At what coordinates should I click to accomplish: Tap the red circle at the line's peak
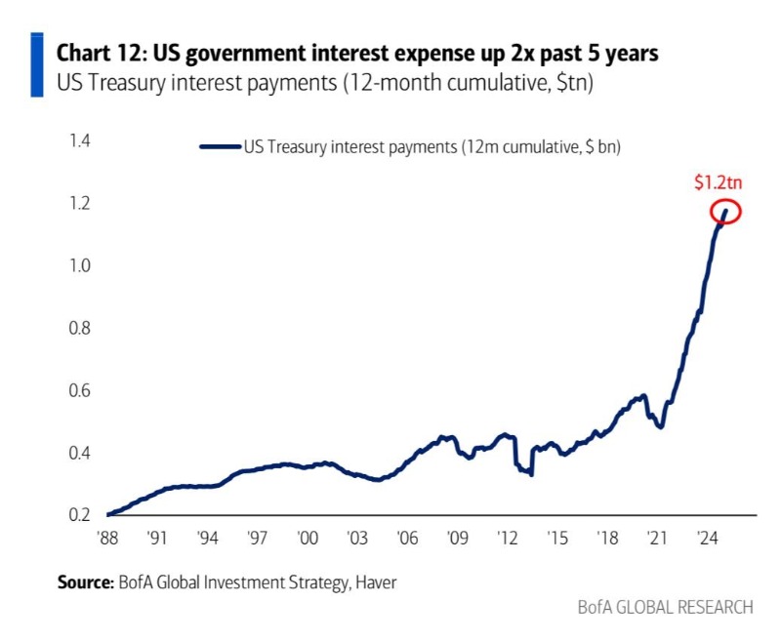[x=726, y=211]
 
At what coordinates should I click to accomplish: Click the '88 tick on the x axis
[x=108, y=537]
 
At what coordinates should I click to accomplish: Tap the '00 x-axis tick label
[x=308, y=537]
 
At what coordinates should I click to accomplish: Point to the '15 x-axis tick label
[x=556, y=537]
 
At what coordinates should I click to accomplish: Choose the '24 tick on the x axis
[x=706, y=537]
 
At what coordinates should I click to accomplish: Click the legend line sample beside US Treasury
[x=220, y=147]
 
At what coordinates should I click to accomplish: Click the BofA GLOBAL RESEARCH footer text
[x=665, y=607]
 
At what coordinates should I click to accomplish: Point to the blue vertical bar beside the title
[x=36, y=64]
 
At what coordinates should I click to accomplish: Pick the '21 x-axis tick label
[x=656, y=537]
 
